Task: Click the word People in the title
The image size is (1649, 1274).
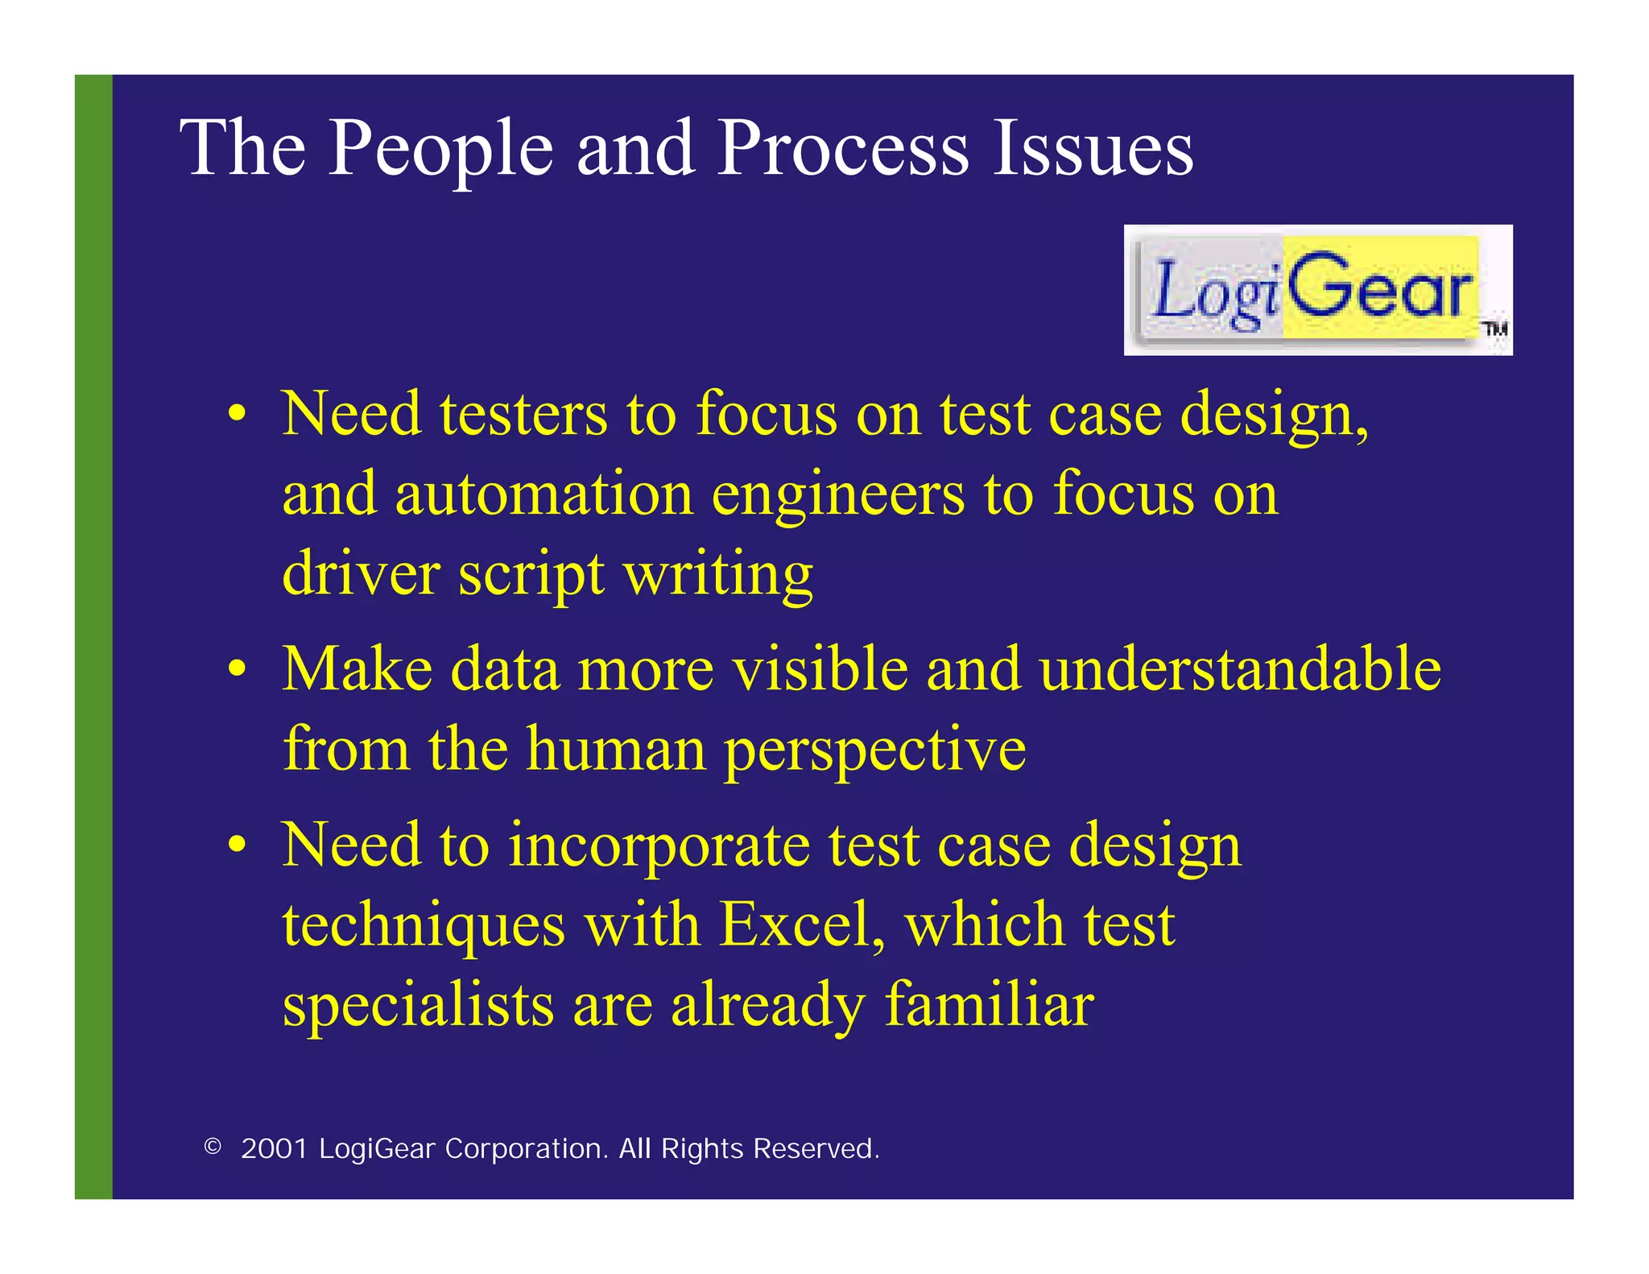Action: click(440, 149)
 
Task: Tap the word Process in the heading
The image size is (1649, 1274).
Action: click(842, 149)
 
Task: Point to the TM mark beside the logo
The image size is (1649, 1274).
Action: click(1495, 329)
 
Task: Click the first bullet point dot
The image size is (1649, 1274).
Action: click(236, 415)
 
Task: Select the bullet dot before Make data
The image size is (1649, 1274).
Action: click(236, 669)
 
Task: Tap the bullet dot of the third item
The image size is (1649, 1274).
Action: click(236, 846)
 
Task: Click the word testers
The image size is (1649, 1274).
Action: click(523, 415)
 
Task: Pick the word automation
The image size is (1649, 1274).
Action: click(543, 494)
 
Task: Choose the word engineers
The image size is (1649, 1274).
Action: click(837, 495)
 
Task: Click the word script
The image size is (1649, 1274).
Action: click(531, 575)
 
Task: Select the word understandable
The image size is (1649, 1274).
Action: click(1239, 669)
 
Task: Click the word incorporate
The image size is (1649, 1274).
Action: click(659, 846)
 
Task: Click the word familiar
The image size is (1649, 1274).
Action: click(989, 1004)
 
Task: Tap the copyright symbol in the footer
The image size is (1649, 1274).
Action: click(213, 1147)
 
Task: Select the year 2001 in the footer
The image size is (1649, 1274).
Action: click(274, 1148)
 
